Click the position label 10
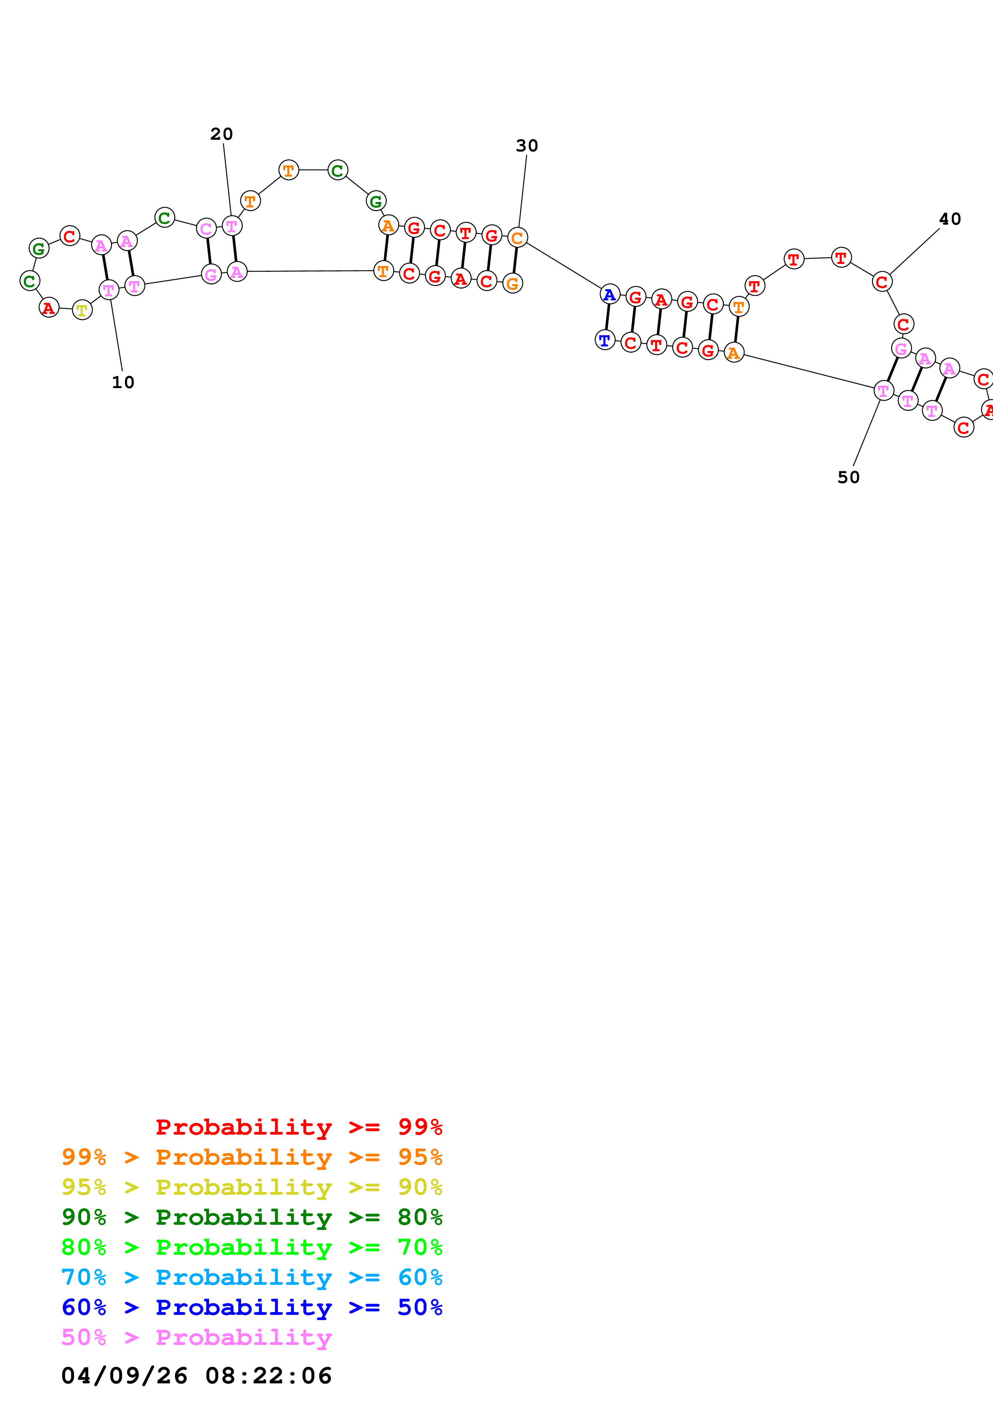(123, 382)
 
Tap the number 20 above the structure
(222, 134)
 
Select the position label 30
(527, 146)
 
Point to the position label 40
(950, 219)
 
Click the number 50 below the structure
(849, 477)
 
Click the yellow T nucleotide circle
(82, 310)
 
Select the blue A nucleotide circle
(609, 295)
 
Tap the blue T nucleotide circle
(604, 340)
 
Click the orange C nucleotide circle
(518, 238)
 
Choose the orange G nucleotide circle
(513, 283)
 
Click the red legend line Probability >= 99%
(299, 1127)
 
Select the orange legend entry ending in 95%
(252, 1157)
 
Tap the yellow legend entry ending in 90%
(252, 1187)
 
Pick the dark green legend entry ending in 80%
(252, 1217)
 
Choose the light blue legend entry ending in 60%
(252, 1277)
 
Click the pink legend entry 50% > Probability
(196, 1337)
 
